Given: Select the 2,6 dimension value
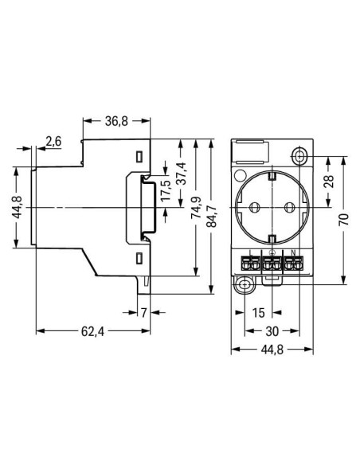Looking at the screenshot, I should click(x=53, y=142).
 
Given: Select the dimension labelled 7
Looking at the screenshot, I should click(x=144, y=311).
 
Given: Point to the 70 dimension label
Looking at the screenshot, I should click(x=343, y=220).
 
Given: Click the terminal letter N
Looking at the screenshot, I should click(x=293, y=254).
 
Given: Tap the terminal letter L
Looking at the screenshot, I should click(x=250, y=254).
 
